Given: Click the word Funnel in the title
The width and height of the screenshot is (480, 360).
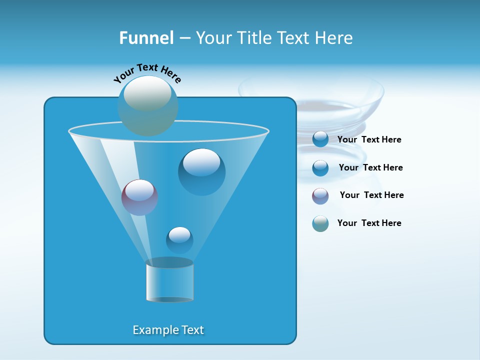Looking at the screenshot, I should pos(146,38).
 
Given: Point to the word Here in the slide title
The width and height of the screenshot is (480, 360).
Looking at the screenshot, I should pos(333,38).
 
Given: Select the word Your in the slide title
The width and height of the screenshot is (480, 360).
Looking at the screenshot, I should pos(213,38).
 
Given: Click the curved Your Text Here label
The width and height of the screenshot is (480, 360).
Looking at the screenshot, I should pos(147,73).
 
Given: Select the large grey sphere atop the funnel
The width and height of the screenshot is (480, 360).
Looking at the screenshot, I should pos(147,105).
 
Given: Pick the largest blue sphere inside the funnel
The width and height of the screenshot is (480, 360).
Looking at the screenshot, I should pos(201,171).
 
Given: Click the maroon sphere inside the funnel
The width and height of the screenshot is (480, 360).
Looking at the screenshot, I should pos(139,197).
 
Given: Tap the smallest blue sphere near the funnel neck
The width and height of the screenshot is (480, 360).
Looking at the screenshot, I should pos(179,240).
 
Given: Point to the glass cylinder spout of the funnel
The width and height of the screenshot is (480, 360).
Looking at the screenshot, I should pos(169,281).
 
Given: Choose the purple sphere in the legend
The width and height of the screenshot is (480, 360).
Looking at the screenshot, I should pos(320,196).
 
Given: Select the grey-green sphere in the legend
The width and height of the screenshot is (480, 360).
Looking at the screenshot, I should pos(320,223).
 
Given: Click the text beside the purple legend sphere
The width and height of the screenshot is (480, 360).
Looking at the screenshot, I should pos(371,195).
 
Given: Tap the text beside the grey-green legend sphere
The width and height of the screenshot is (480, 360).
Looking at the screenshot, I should pos(369,223).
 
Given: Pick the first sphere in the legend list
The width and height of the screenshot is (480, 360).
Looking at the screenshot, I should pos(320,139).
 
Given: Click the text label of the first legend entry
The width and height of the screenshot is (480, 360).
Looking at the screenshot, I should pos(369,139).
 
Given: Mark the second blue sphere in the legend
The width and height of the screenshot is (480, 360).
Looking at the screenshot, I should pos(320,168).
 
